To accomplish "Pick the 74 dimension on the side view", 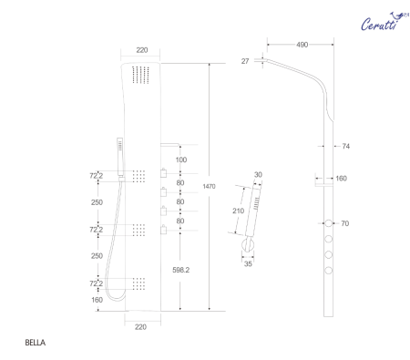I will [346, 146].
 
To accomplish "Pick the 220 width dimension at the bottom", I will [140, 325].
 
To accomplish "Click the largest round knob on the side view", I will [325, 222].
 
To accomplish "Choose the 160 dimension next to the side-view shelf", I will [341, 179].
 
